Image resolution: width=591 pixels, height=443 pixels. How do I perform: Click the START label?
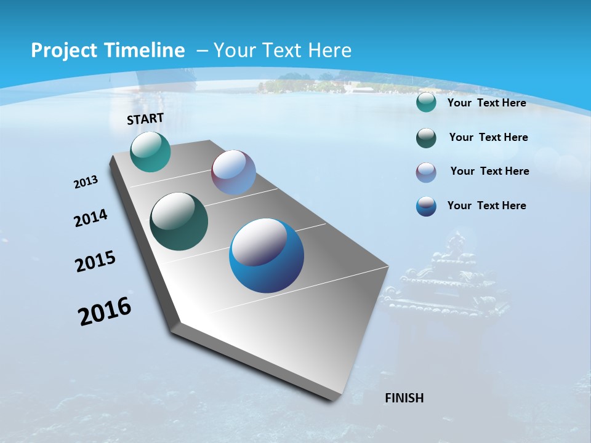click(x=145, y=119)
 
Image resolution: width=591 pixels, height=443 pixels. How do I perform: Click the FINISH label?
click(x=404, y=398)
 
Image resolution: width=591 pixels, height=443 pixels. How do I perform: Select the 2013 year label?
click(x=86, y=182)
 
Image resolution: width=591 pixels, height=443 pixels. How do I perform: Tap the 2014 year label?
click(x=91, y=218)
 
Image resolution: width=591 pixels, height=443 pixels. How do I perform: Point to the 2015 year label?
click(x=95, y=261)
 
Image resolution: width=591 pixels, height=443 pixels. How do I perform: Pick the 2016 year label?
click(x=105, y=311)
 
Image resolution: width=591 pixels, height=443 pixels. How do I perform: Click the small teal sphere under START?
click(x=150, y=151)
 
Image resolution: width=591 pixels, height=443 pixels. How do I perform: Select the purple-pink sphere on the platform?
click(x=233, y=172)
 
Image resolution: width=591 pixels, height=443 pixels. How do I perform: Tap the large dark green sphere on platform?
click(x=179, y=221)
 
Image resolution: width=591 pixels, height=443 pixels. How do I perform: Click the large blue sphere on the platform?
click(x=267, y=255)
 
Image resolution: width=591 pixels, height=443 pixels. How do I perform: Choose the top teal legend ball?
click(x=426, y=102)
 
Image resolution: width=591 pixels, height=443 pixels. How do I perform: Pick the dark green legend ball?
click(x=426, y=138)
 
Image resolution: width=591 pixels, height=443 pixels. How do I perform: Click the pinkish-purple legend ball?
click(x=426, y=172)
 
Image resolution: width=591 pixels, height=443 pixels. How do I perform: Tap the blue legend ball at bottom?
click(x=426, y=206)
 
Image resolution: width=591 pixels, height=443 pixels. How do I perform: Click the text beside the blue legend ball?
click(x=486, y=206)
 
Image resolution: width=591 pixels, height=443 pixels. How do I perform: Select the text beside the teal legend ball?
click(x=486, y=103)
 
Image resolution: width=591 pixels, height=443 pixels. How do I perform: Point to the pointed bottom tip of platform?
click(x=332, y=399)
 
